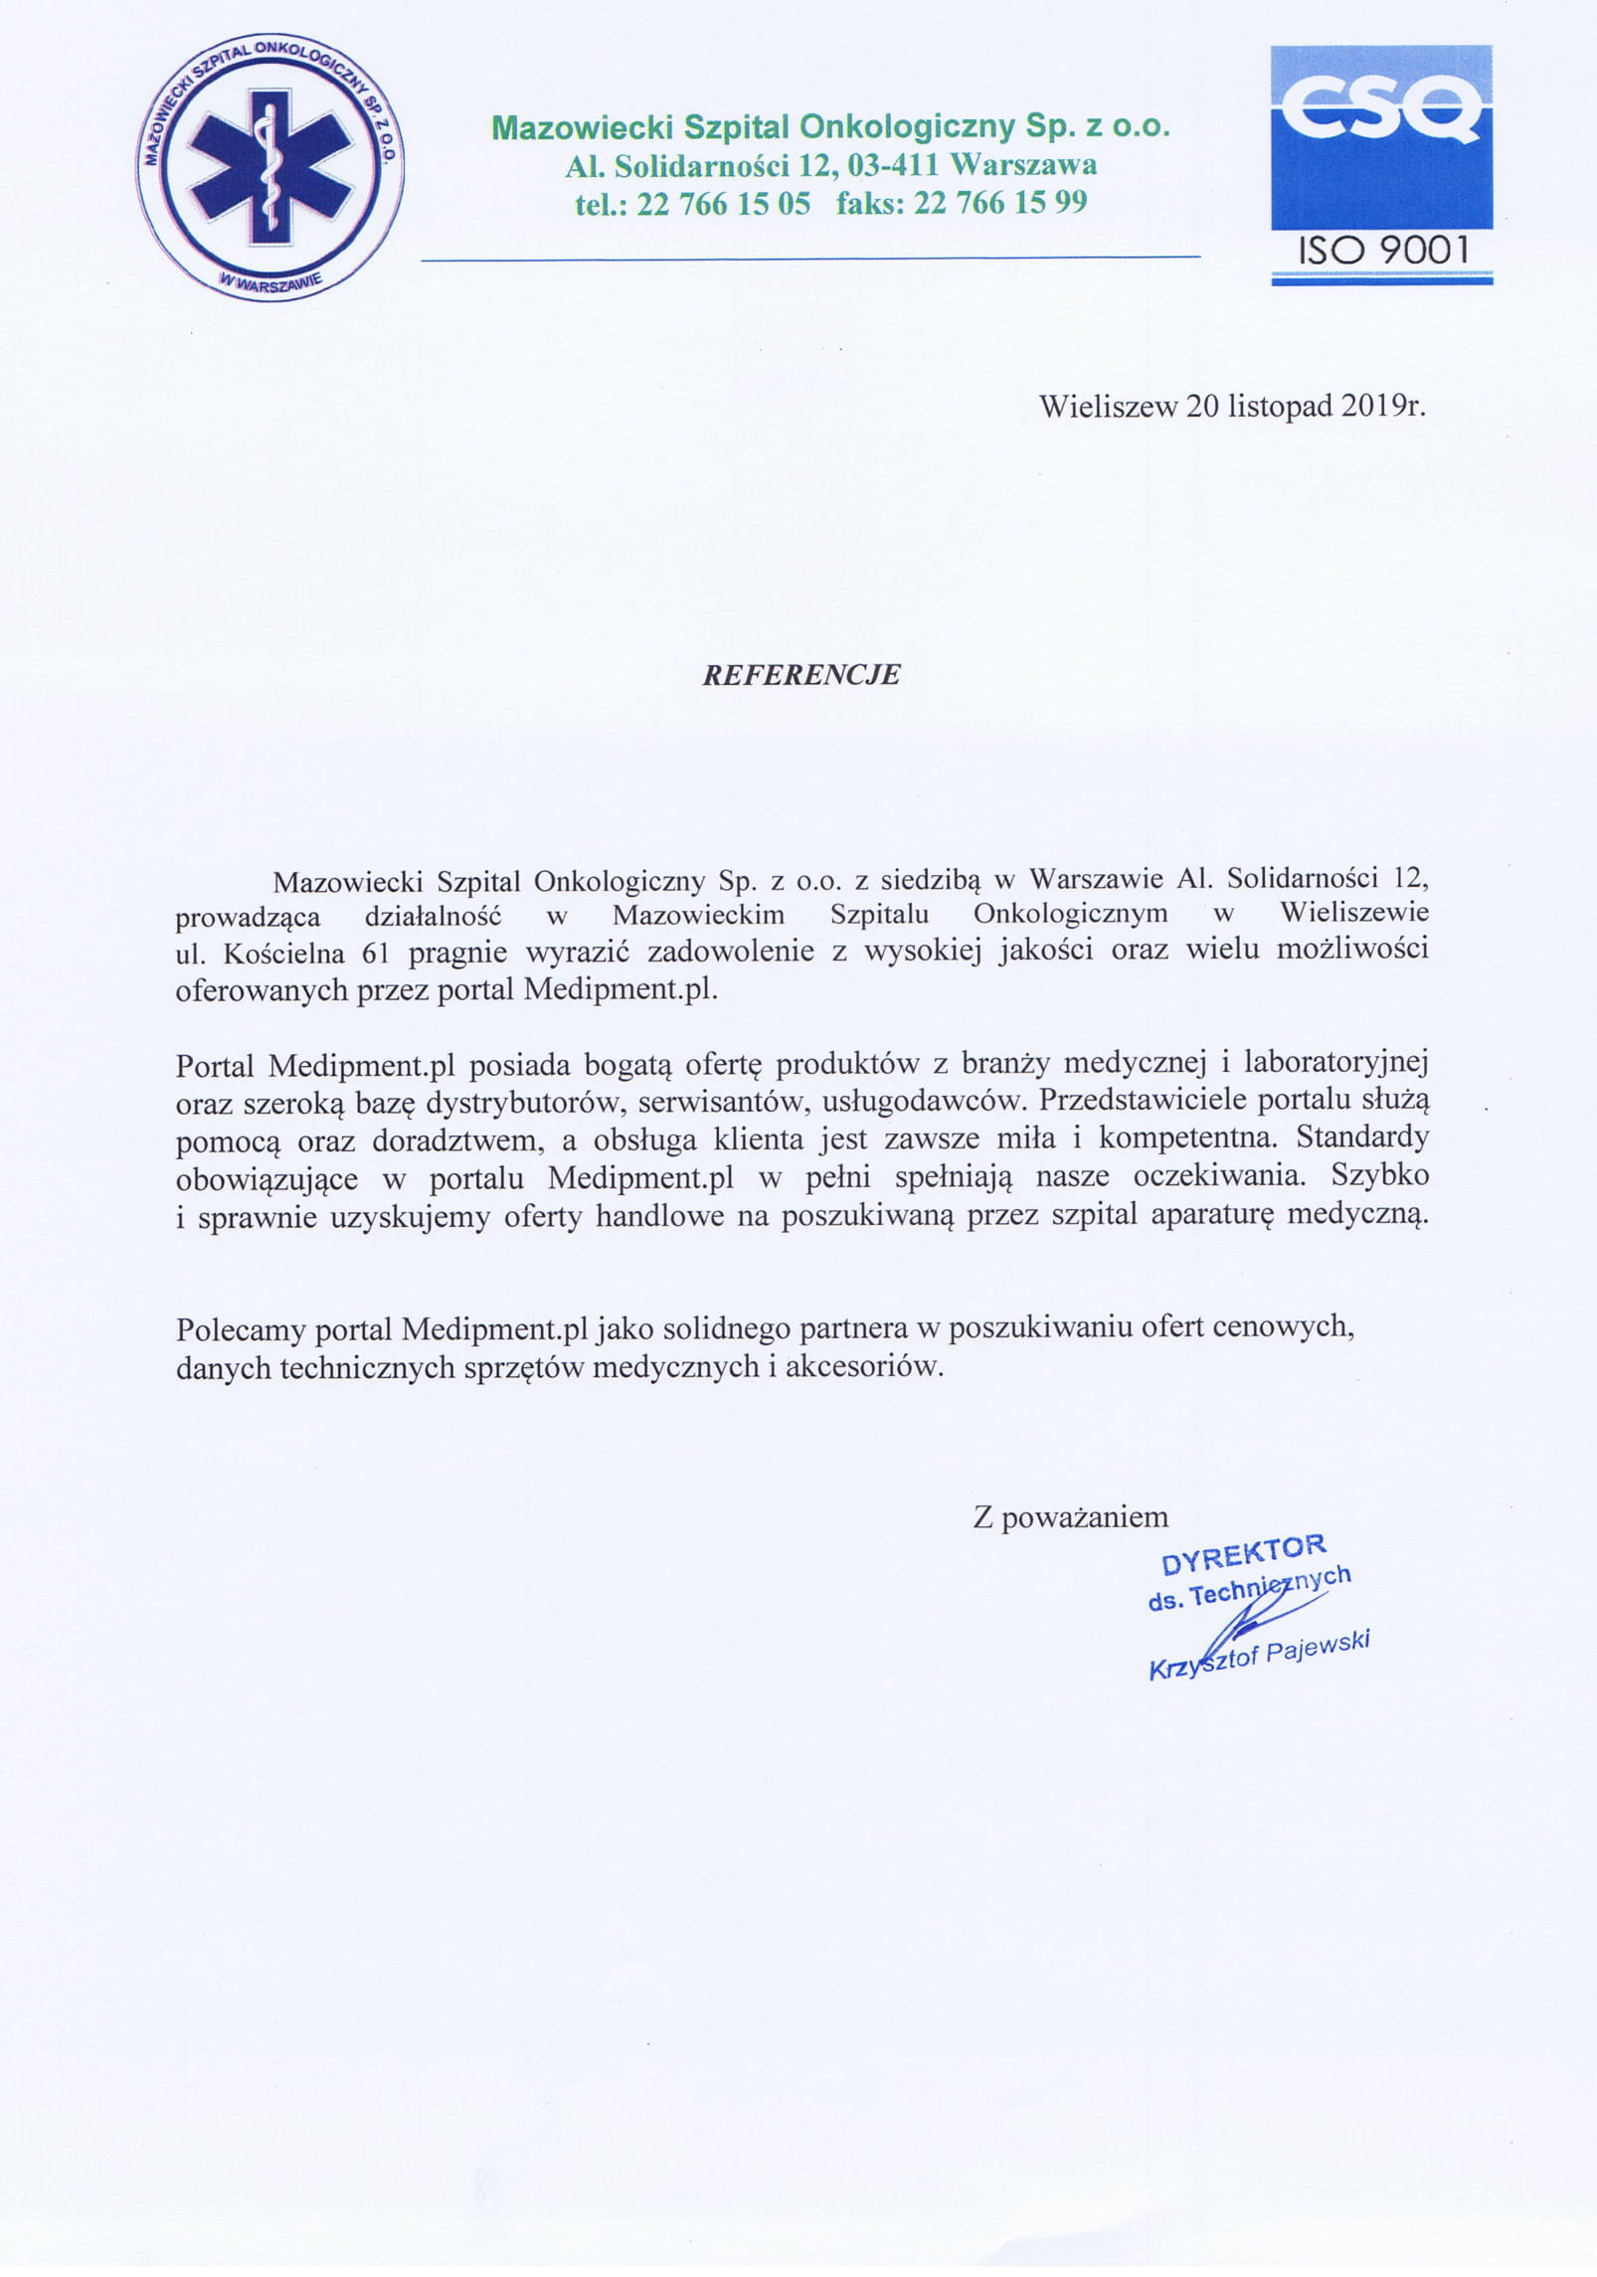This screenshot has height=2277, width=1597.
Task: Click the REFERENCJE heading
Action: click(x=800, y=675)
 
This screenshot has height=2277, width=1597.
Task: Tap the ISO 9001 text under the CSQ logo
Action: click(x=1382, y=251)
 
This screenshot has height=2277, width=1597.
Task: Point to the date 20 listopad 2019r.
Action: click(x=1306, y=407)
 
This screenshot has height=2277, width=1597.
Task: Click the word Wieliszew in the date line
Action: click(x=1109, y=407)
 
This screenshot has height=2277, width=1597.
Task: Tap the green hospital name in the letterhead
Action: click(x=831, y=127)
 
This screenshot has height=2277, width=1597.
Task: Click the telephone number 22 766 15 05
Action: click(x=723, y=204)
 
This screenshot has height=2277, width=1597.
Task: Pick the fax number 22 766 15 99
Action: click(x=1000, y=203)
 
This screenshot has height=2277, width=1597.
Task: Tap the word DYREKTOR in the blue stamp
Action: click(x=1243, y=1554)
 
